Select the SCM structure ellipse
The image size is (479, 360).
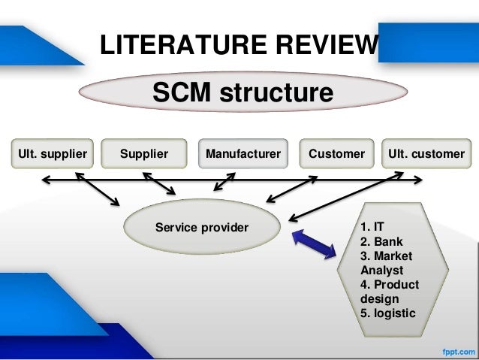243,94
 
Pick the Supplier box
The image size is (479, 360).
143,154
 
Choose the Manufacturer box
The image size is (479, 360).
243,154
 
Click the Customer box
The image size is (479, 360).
336,154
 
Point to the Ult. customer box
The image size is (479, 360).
426,154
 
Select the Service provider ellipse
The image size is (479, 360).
201,227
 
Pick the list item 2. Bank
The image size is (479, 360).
381,242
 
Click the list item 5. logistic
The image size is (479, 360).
387,313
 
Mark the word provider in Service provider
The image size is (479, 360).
224,227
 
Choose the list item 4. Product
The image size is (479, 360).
390,285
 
